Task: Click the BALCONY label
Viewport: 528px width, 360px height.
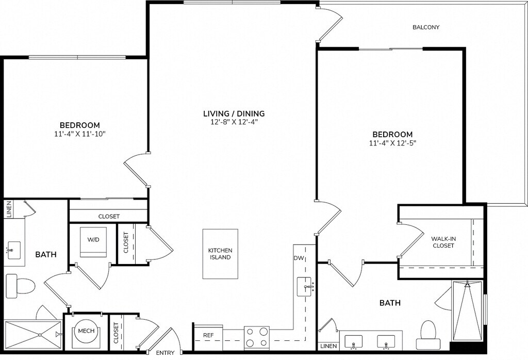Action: (426, 27)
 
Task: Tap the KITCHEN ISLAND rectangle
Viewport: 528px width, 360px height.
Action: (220, 254)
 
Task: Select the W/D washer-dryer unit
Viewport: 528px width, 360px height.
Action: (93, 242)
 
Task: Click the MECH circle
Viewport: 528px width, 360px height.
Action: (86, 331)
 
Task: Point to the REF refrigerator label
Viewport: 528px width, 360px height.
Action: (208, 335)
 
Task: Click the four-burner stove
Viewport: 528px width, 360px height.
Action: (257, 337)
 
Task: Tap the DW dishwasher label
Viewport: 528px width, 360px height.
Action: (299, 258)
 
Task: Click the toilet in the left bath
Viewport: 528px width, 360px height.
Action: (21, 286)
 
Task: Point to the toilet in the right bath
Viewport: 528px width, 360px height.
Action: (428, 335)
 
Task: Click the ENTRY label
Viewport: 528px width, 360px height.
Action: (166, 353)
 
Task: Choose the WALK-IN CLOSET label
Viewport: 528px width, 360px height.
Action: (443, 242)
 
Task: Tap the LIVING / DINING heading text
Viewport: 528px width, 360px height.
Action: (234, 113)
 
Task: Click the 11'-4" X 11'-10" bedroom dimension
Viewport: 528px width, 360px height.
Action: (80, 134)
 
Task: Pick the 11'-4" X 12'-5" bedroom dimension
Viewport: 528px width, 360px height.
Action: (392, 143)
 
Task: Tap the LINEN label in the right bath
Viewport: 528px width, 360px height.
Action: (328, 346)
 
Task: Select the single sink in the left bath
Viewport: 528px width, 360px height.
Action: (14, 250)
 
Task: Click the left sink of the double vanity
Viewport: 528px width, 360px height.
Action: (353, 341)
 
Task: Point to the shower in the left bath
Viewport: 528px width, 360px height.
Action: (33, 336)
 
